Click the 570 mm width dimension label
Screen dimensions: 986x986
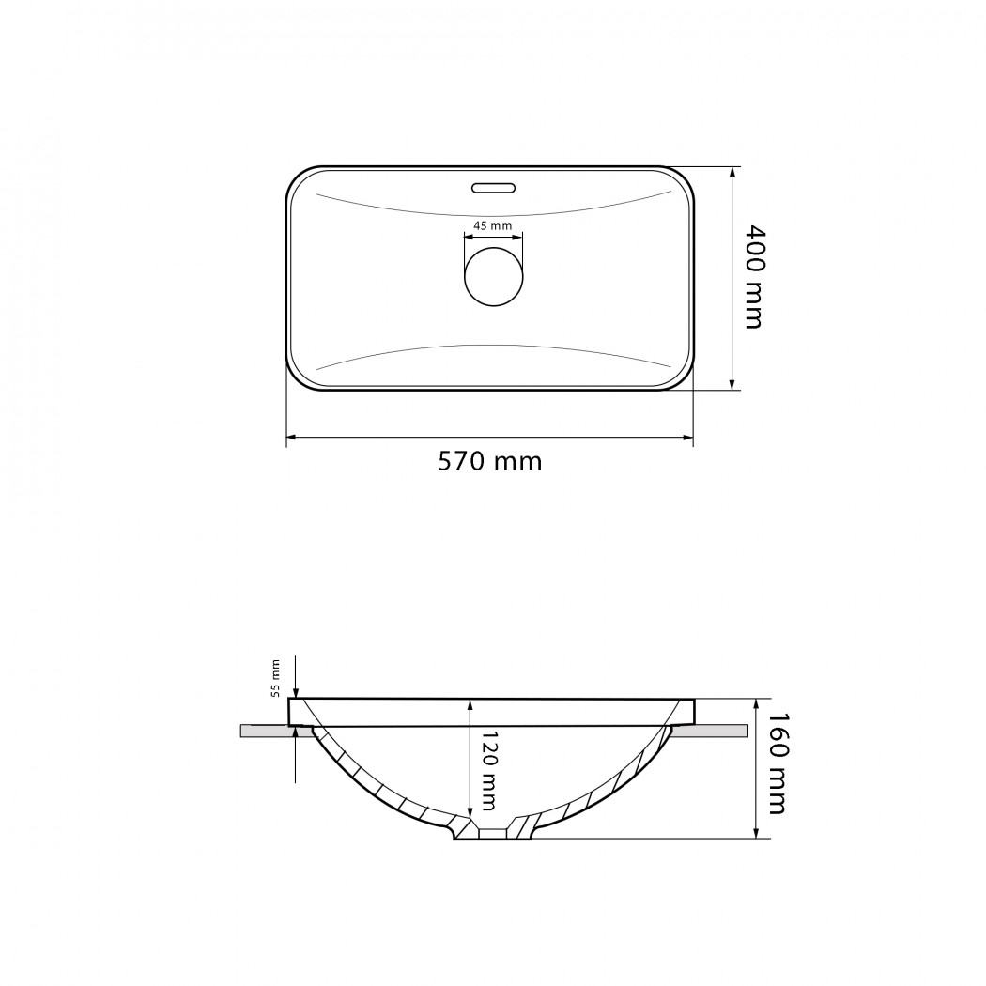point(489,462)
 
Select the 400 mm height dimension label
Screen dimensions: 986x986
point(754,277)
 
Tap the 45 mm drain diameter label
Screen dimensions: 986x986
point(492,225)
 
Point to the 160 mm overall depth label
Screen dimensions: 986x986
point(777,763)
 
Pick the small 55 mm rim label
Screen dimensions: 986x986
point(275,679)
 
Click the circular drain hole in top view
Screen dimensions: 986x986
point(494,277)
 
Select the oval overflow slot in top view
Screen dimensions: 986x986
point(494,188)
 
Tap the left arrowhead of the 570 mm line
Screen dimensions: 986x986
point(291,437)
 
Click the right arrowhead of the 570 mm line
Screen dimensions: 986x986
point(688,437)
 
